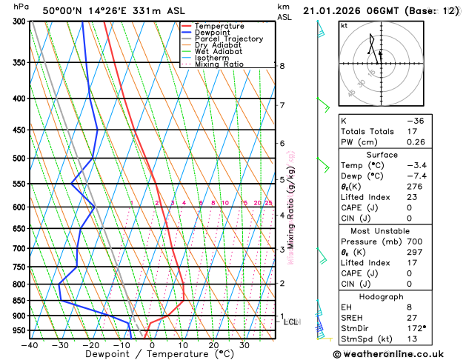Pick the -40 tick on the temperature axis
click(x=30, y=345)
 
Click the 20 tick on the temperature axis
click(x=213, y=345)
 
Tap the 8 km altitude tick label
click(x=282, y=66)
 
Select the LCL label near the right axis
click(x=290, y=322)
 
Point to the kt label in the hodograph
click(x=344, y=25)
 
